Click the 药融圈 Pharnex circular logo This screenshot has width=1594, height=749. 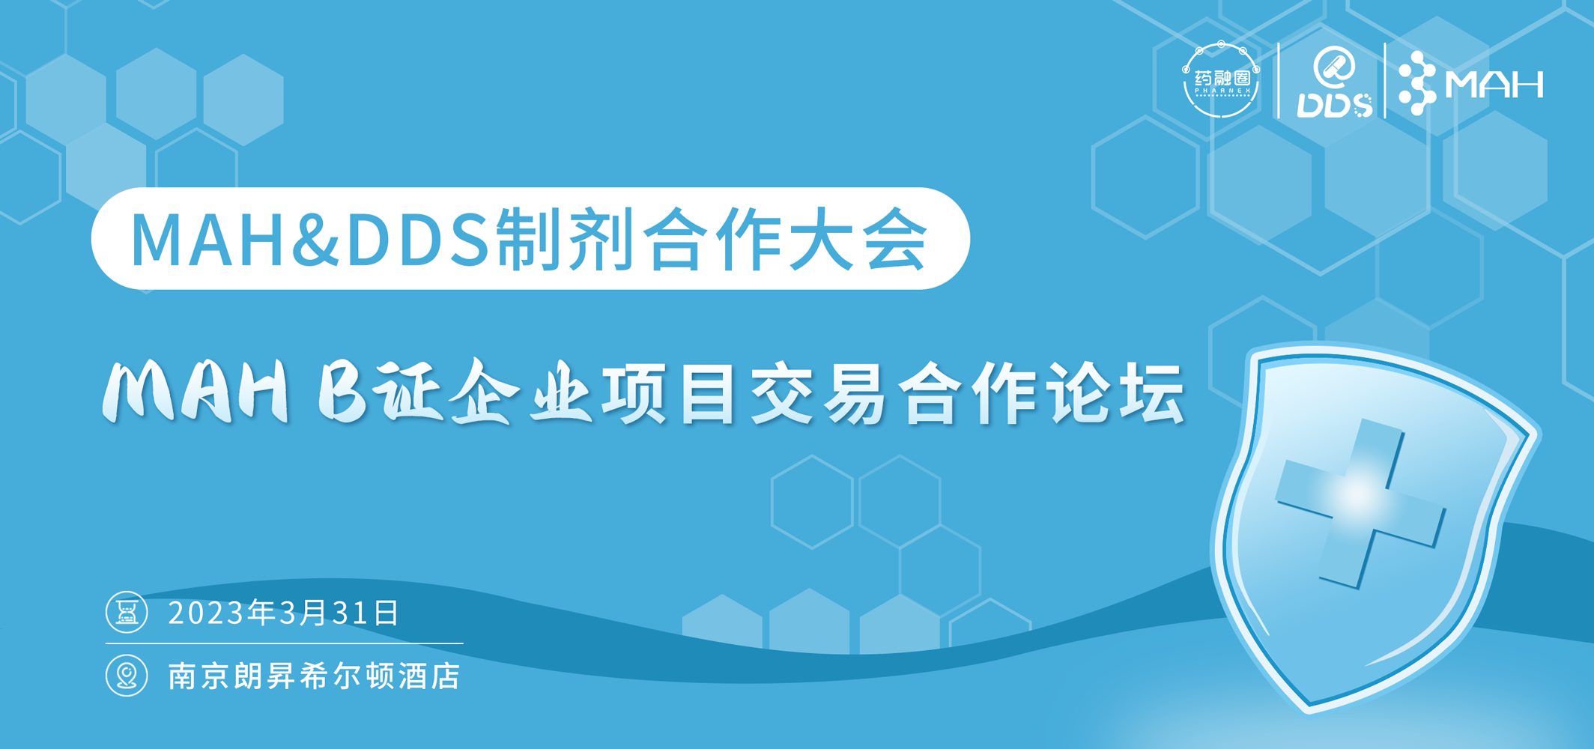pos(1221,79)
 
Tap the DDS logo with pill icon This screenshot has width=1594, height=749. pos(1334,82)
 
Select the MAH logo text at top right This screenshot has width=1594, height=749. pos(1494,84)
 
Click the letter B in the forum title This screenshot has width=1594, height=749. pos(342,392)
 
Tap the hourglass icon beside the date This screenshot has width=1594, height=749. pos(127,613)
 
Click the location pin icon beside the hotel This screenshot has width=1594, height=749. pos(127,676)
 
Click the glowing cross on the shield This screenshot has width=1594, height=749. pos(1360,503)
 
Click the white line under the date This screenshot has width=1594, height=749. pos(284,643)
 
